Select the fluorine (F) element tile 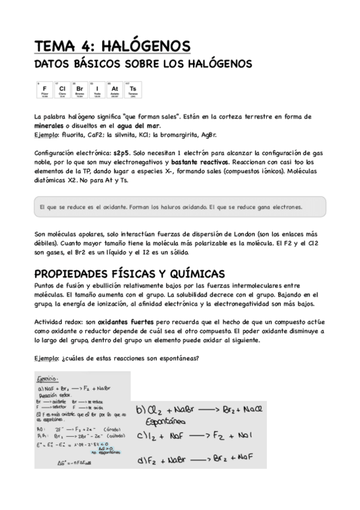[44, 90]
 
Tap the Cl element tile [61, 90]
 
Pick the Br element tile [79, 90]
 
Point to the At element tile [115, 90]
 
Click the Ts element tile [133, 90]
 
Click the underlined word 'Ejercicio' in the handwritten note [46, 379]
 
